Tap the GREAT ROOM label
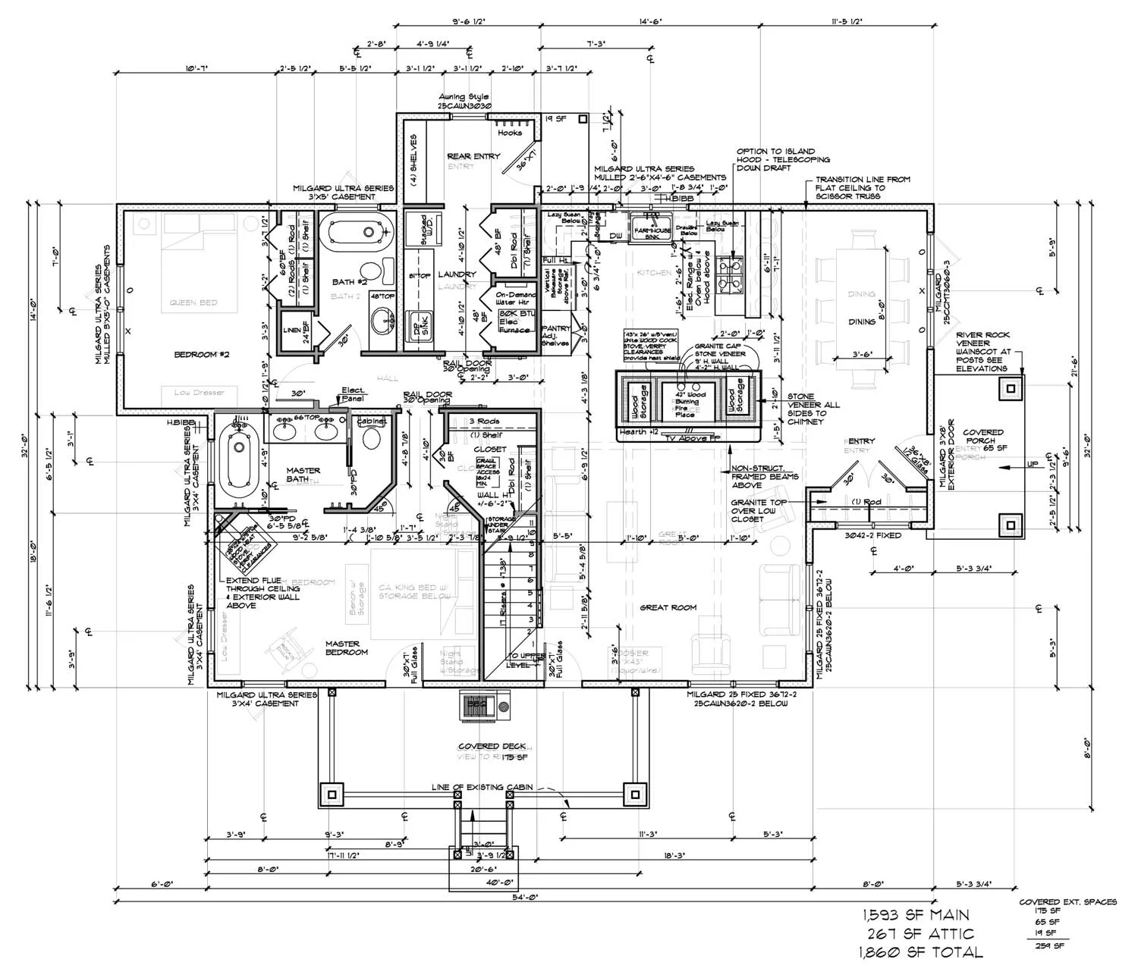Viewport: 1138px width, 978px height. click(x=668, y=607)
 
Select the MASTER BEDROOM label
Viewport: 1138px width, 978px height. click(x=347, y=647)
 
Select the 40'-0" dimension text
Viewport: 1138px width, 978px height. click(x=501, y=882)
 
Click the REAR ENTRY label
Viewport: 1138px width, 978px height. click(x=473, y=156)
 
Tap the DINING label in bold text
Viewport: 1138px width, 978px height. click(x=862, y=321)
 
